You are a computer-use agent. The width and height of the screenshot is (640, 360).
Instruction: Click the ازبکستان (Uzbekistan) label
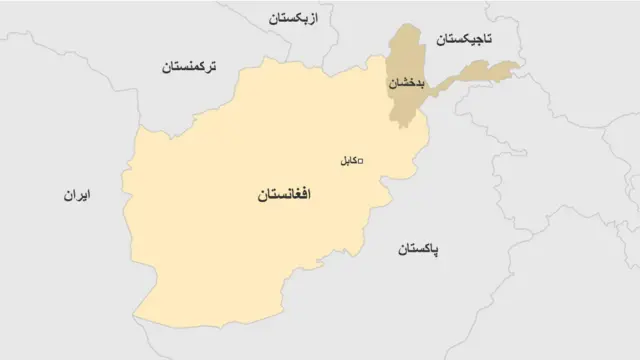pyautogui.click(x=296, y=18)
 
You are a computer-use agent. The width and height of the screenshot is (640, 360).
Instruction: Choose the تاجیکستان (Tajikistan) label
pyautogui.click(x=464, y=39)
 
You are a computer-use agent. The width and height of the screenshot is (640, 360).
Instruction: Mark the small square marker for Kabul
pyautogui.click(x=360, y=161)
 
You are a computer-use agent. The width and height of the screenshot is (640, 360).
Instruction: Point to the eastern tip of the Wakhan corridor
pyautogui.click(x=519, y=68)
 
